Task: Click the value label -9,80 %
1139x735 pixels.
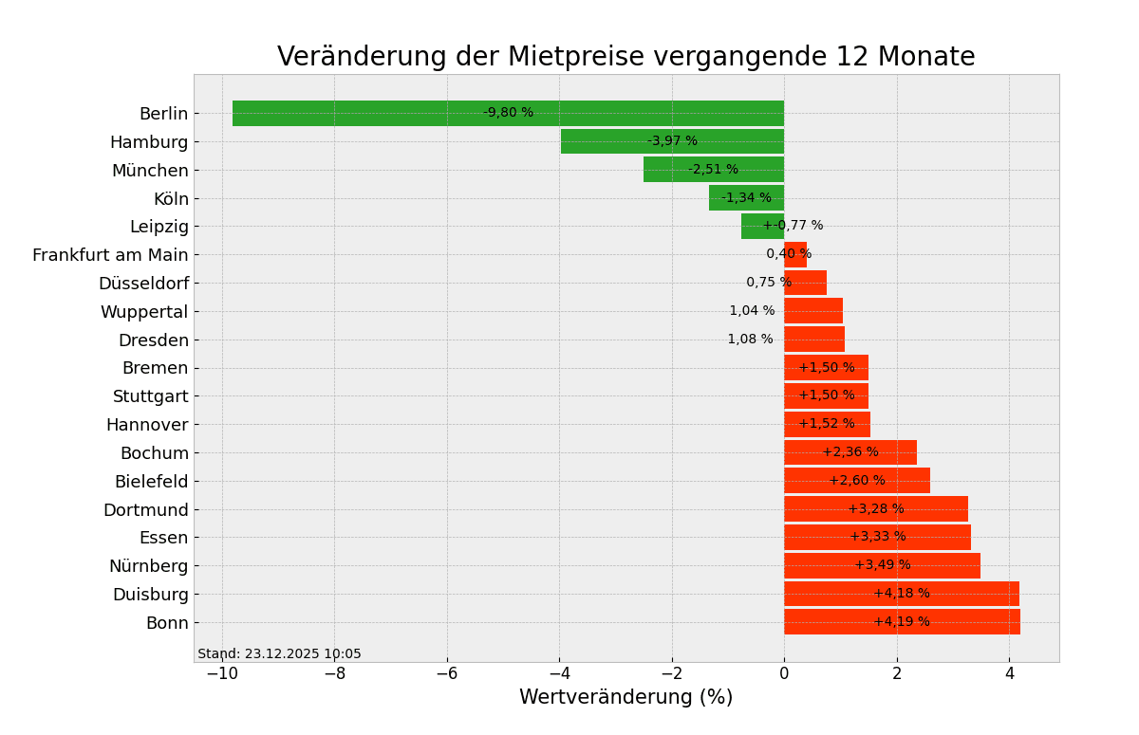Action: tap(508, 113)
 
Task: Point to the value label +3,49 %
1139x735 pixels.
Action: tap(883, 565)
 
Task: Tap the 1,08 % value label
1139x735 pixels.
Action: tap(750, 340)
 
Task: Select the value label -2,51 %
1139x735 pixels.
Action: tap(713, 170)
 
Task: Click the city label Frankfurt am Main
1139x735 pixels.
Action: tap(110, 255)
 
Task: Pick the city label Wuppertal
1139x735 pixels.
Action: tap(144, 312)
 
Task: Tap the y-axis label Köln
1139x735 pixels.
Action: tap(171, 199)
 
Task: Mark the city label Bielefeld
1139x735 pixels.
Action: tap(151, 482)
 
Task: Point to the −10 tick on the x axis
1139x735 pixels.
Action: tap(221, 673)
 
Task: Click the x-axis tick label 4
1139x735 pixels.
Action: tap(1009, 673)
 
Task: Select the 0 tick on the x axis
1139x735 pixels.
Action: tap(784, 673)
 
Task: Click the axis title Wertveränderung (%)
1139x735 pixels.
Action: tap(626, 698)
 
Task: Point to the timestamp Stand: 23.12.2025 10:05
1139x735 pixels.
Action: tap(279, 654)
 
